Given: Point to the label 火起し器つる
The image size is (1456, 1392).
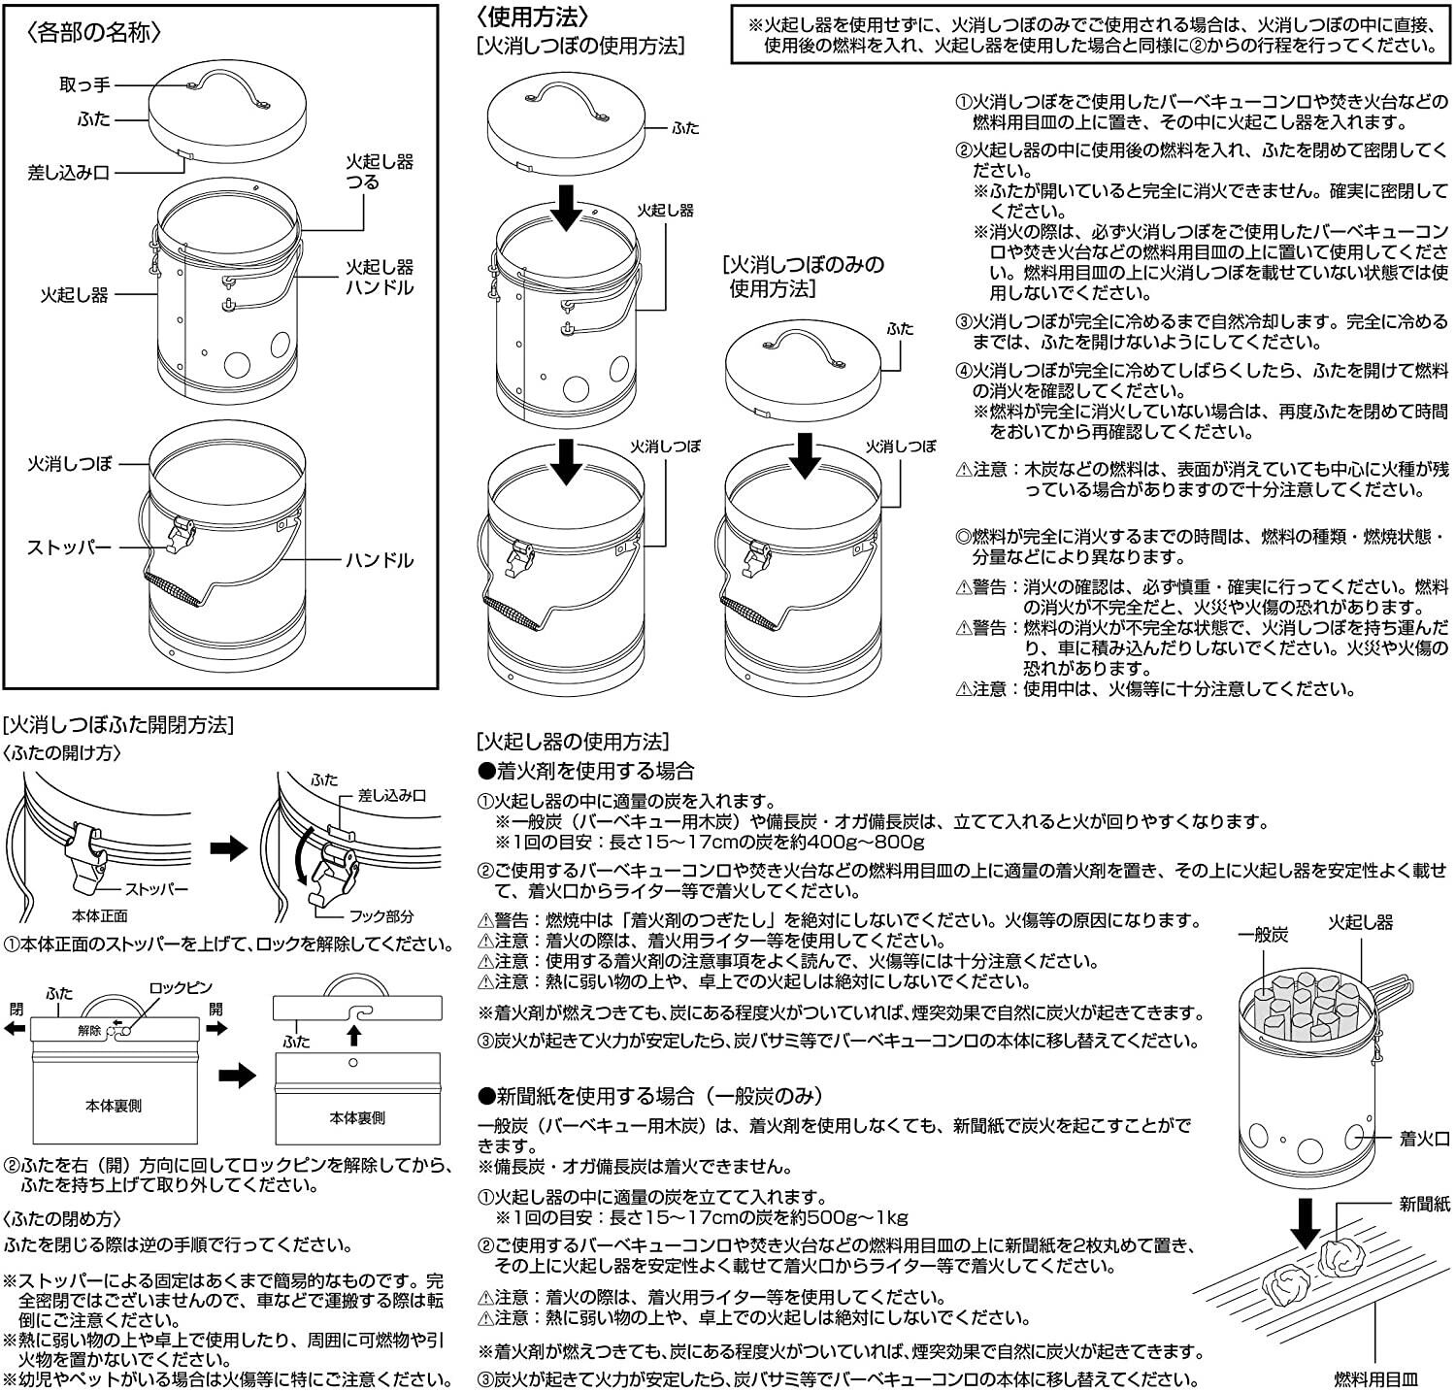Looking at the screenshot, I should point(379,172).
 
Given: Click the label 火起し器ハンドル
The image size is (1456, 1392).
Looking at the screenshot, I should point(380,277).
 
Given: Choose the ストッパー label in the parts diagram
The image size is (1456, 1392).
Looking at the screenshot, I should point(69,547).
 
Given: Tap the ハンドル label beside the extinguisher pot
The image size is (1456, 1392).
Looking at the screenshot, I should point(380,560).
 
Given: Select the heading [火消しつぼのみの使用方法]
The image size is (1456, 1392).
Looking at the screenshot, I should point(804,276).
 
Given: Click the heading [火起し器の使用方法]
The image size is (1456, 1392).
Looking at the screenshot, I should point(573,742).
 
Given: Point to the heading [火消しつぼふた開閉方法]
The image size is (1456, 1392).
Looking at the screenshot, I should point(117,725).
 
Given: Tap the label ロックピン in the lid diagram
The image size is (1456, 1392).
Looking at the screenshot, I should point(181,988).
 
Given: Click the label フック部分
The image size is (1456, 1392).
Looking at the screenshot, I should point(381,916).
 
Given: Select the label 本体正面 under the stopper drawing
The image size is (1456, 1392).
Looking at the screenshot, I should point(100,915).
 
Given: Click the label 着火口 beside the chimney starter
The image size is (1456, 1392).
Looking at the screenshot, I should point(1424,1139).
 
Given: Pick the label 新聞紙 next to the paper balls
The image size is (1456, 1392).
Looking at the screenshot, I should point(1424,1204).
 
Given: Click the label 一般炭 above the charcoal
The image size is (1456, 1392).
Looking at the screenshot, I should point(1263,934).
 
